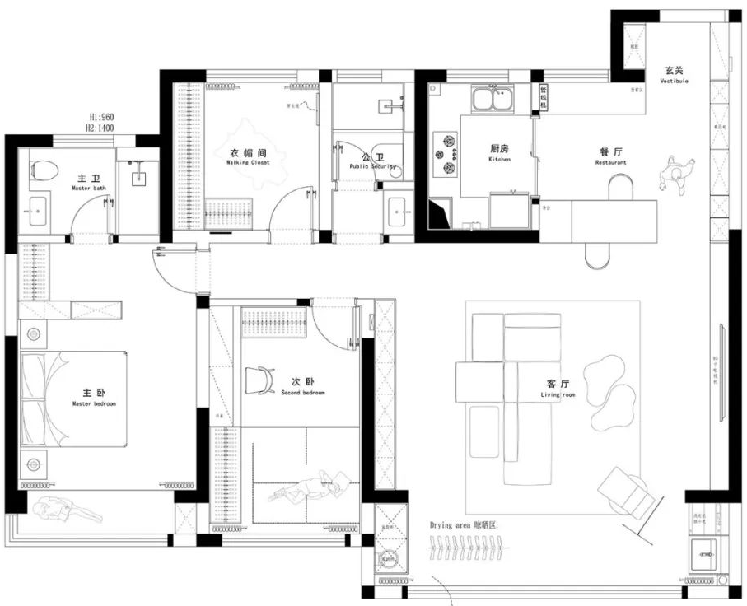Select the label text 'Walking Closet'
click(x=248, y=163)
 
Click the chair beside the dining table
click(x=677, y=173)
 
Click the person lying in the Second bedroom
click(x=315, y=487)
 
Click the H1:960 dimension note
click(x=104, y=118)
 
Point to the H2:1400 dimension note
click(x=104, y=128)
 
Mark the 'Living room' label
click(x=558, y=395)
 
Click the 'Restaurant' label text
click(x=610, y=163)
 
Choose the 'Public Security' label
click(x=372, y=166)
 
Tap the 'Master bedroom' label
click(x=94, y=404)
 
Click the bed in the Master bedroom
click(x=74, y=400)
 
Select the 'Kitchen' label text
click(x=499, y=160)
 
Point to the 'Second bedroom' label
click(x=302, y=394)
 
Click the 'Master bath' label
click(x=88, y=189)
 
